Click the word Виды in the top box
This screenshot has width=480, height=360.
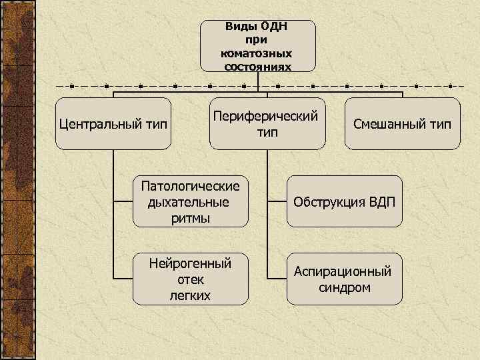pyautogui.click(x=239, y=27)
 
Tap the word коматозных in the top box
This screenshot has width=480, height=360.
pyautogui.click(x=257, y=53)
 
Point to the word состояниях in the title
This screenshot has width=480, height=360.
pyautogui.click(x=257, y=67)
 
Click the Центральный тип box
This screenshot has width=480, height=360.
pyautogui.click(x=113, y=124)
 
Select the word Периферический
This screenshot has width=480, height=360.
pyautogui.click(x=265, y=116)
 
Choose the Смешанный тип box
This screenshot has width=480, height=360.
pyautogui.click(x=403, y=124)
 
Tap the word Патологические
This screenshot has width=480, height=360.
pyautogui.click(x=190, y=187)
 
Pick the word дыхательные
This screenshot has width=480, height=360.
pyautogui.click(x=190, y=203)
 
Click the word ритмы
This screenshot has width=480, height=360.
pyautogui.click(x=190, y=218)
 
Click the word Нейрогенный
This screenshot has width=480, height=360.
pyautogui.click(x=190, y=264)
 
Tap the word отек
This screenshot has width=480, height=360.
pyautogui.click(x=190, y=279)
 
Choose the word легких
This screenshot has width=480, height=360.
pyautogui.click(x=190, y=295)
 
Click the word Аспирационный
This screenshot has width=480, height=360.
pyautogui.click(x=344, y=272)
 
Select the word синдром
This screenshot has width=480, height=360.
pyautogui.click(x=344, y=287)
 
